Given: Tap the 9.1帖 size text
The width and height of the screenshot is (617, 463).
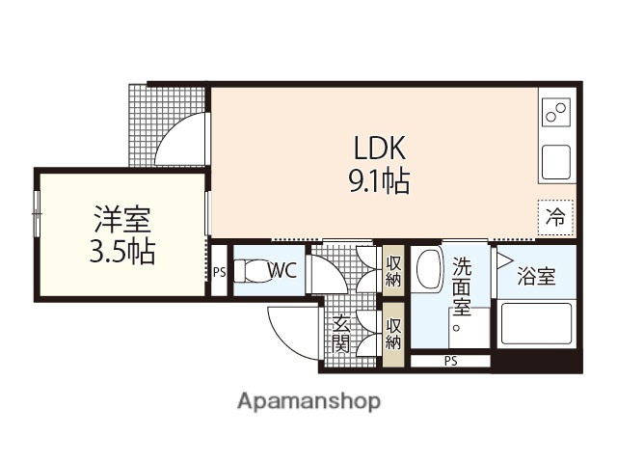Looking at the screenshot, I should [x=379, y=181].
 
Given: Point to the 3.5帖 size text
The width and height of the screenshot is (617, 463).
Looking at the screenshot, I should [x=121, y=253].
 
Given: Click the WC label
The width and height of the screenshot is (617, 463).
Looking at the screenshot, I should [x=282, y=271].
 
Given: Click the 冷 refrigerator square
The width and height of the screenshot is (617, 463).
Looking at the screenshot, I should [x=556, y=217].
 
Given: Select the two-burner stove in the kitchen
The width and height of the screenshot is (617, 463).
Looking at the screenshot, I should [x=556, y=115].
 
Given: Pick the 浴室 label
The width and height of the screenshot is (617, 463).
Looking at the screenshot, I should [x=536, y=278].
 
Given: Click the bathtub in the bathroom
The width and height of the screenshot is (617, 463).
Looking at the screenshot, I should [x=536, y=326].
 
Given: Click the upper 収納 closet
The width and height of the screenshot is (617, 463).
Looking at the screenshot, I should [x=393, y=271].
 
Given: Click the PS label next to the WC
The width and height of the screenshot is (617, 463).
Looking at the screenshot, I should [x=219, y=272].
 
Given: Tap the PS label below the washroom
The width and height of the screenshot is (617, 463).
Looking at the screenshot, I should [x=450, y=362].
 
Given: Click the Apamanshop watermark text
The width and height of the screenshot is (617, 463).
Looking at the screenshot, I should [x=308, y=399].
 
